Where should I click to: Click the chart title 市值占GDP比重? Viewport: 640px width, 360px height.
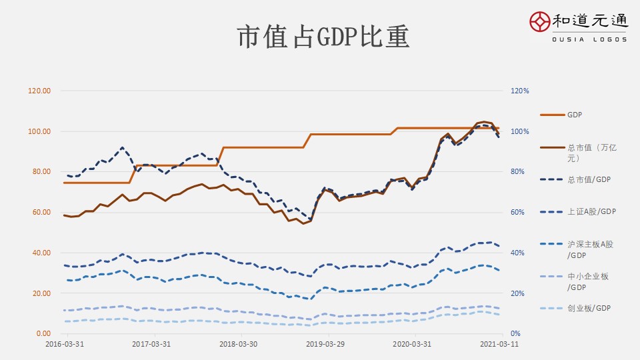pyautogui.click(x=323, y=37)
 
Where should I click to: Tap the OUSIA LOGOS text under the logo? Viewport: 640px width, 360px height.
pyautogui.click(x=589, y=39)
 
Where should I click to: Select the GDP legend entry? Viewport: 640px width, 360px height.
pyautogui.click(x=574, y=115)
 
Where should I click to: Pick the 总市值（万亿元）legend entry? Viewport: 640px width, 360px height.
pyautogui.click(x=592, y=153)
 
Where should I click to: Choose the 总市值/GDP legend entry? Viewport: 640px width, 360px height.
pyautogui.click(x=589, y=179)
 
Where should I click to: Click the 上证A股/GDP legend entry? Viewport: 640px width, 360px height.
pyautogui.click(x=591, y=212)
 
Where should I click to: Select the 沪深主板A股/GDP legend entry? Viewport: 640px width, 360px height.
pyautogui.click(x=590, y=249)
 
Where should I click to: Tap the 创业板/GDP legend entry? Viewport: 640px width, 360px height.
pyautogui.click(x=589, y=308)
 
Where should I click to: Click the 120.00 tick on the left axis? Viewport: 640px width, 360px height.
pyautogui.click(x=40, y=91)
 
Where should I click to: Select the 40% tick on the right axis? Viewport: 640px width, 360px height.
pyautogui.click(x=519, y=253)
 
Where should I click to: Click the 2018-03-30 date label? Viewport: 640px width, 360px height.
pyautogui.click(x=238, y=345)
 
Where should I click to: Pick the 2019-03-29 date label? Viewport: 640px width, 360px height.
pyautogui.click(x=325, y=345)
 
